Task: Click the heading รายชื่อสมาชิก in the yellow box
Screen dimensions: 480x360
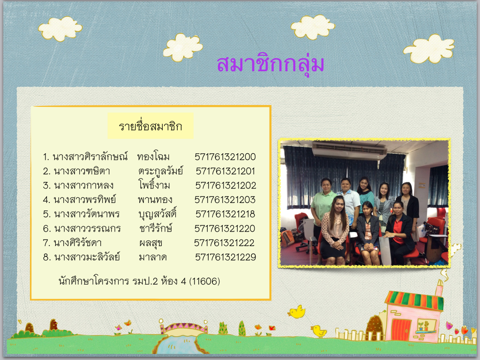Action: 150,126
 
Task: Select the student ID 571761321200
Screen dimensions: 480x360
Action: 225,157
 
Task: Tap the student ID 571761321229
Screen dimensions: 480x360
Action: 225,257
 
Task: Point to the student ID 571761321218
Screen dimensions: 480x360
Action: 225,214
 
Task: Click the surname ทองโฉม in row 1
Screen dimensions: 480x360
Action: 153,157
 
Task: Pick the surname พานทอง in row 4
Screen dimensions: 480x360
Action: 155,200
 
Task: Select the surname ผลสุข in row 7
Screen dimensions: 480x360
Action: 150,243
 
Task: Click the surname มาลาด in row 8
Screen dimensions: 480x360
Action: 153,257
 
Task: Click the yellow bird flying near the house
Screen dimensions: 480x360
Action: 297,312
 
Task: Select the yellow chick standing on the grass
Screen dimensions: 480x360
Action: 319,331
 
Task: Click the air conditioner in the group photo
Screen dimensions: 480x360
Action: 349,150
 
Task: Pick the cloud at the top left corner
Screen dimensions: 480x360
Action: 60,29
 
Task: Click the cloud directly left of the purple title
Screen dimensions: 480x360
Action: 183,47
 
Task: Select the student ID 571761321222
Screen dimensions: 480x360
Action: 225,243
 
